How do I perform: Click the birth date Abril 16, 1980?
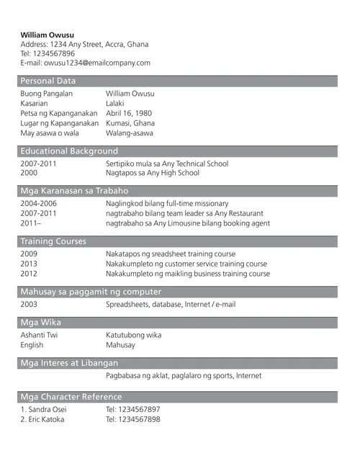tap(129, 113)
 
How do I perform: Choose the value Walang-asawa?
tap(130, 133)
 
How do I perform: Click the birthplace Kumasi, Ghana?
tap(130, 123)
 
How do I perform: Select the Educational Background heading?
tap(69, 151)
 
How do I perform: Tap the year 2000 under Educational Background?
tap(29, 173)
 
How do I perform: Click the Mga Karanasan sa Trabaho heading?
tap(74, 191)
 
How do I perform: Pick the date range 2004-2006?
tap(38, 203)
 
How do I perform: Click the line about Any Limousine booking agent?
tap(187, 223)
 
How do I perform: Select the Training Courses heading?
tap(53, 241)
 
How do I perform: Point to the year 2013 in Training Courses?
tap(29, 264)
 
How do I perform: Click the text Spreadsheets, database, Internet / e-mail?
tap(170, 304)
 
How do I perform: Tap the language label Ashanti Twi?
tap(39, 335)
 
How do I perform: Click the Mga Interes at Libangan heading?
tap(69, 363)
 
